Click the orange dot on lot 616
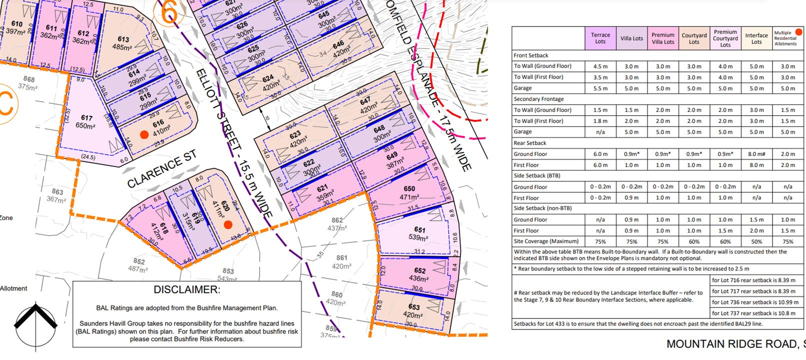[x=144, y=134]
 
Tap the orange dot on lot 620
[x=228, y=225]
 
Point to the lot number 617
[x=87, y=118]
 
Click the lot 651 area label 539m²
[x=418, y=237]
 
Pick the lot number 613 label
[x=123, y=39]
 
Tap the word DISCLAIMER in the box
[x=186, y=290]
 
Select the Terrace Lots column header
[x=600, y=38]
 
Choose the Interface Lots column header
[x=756, y=38]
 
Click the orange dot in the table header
[x=798, y=32]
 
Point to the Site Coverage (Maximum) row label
[x=546, y=241]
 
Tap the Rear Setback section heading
[x=530, y=143]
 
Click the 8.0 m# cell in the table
[x=756, y=154]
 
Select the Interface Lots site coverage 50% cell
[x=756, y=241]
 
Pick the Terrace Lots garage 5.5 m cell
[x=600, y=88]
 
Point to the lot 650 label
[x=409, y=189]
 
